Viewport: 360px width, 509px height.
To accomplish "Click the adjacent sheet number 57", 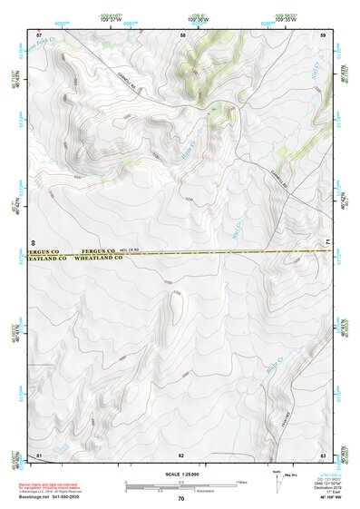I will point(38,34).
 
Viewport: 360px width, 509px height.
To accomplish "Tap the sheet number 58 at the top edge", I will point(183,34).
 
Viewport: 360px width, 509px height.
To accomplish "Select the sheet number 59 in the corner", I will point(323,34).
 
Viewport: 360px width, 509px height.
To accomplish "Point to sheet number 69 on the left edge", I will point(33,243).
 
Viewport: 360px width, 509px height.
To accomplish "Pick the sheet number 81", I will point(38,454).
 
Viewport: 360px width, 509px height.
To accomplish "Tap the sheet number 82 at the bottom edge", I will point(181,454).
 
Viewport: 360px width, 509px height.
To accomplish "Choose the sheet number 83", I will point(323,454).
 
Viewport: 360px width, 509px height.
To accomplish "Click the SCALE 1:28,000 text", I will point(181,475).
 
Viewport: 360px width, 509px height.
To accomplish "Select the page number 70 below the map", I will point(181,499).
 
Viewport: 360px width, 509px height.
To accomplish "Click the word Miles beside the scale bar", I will point(241,481).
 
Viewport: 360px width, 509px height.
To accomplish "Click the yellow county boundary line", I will point(227,254).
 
